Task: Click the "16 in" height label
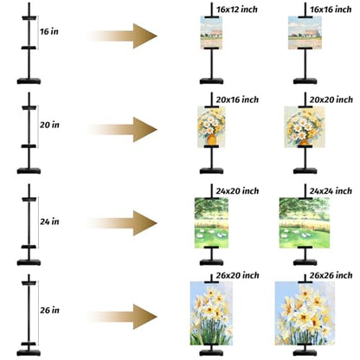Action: (x=49, y=31)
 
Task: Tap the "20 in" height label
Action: (x=49, y=125)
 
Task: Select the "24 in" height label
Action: (x=49, y=222)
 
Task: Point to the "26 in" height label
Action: (x=49, y=310)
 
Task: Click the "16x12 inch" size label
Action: (x=237, y=10)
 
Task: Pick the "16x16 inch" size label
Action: (x=331, y=10)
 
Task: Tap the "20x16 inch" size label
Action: (x=237, y=100)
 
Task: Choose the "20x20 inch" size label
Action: (x=331, y=100)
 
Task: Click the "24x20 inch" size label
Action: (x=237, y=191)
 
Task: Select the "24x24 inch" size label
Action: (x=331, y=191)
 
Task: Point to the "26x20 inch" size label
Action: (x=237, y=275)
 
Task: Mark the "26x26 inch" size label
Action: (x=331, y=275)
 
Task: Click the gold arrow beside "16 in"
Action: (x=122, y=36)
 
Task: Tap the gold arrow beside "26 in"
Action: (x=122, y=317)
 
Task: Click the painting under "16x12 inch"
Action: (x=211, y=33)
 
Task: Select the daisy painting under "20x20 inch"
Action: (x=305, y=127)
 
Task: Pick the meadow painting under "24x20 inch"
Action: (x=211, y=223)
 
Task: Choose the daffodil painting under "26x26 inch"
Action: (x=305, y=313)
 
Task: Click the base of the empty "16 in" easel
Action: (x=29, y=81)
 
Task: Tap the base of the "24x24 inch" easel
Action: (x=305, y=262)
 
